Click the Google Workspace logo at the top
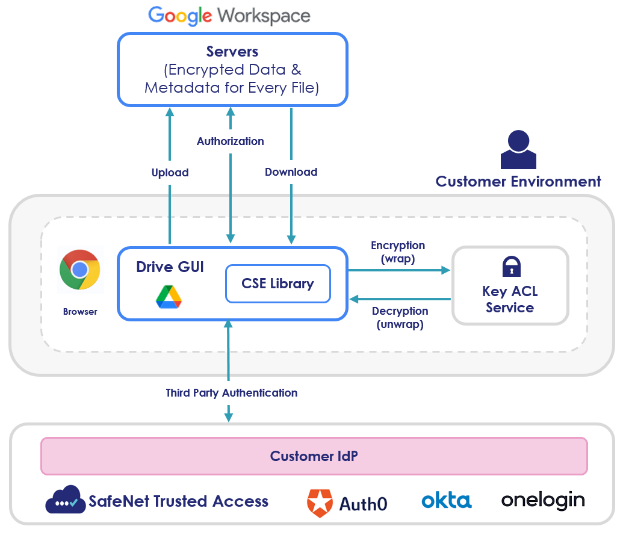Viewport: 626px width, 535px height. [229, 16]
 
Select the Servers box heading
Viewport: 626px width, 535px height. [232, 51]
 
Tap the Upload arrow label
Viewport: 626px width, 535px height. [170, 173]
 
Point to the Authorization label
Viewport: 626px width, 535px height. [230, 141]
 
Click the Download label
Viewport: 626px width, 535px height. [291, 172]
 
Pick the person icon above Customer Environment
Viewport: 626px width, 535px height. [518, 150]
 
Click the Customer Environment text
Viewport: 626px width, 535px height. [518, 182]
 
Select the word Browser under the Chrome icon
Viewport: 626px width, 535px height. [80, 312]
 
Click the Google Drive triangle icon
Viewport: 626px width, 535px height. [169, 297]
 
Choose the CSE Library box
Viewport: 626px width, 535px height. [277, 283]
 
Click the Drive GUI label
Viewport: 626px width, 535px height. [170, 267]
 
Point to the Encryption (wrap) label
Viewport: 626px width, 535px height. [398, 252]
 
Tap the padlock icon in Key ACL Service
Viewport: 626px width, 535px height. [510, 266]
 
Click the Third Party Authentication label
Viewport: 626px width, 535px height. [231, 393]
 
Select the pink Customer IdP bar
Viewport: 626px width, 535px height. [314, 456]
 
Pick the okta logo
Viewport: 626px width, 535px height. [446, 500]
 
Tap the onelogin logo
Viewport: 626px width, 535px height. [542, 500]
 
